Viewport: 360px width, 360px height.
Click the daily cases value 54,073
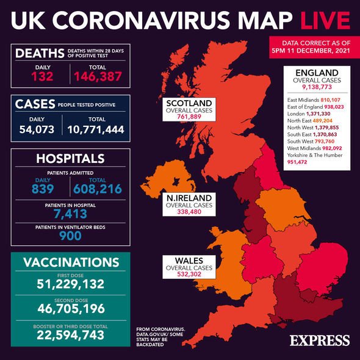tap(38, 130)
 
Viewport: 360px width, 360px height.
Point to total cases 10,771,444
tap(96, 130)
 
